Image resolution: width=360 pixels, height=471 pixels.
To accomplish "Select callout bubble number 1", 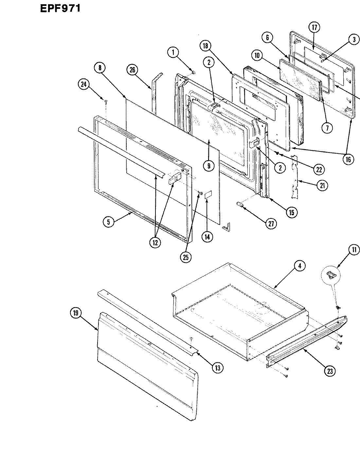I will [173, 52].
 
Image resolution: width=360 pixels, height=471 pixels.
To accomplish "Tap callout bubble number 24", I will [84, 85].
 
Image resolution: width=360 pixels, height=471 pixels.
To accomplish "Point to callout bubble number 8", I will [99, 68].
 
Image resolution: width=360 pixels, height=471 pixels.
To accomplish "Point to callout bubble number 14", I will [207, 236].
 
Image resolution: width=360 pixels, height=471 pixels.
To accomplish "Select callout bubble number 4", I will [299, 266].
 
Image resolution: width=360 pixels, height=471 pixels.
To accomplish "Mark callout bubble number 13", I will [217, 367].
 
